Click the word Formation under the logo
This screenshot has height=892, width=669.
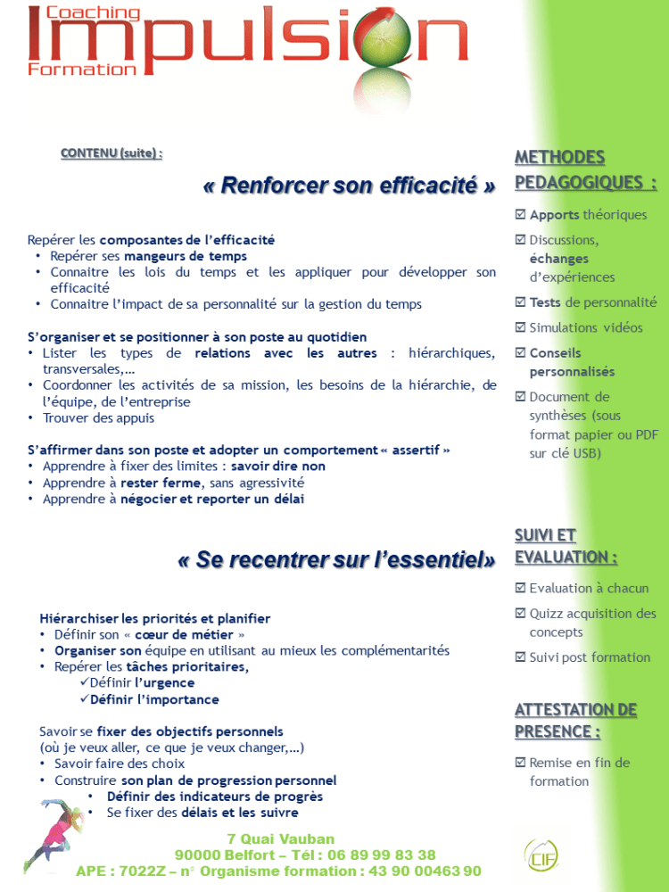[82, 69]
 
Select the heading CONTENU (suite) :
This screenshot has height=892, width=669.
[111, 153]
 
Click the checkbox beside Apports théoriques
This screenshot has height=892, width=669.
[520, 215]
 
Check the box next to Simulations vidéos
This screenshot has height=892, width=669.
[520, 327]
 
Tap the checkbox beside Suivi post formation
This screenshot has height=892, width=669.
[520, 657]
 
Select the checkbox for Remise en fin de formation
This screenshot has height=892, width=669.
[520, 763]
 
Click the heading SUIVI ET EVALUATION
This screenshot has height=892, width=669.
[566, 546]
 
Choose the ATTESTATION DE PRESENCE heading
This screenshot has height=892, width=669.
[575, 721]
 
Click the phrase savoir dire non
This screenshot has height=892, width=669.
[278, 467]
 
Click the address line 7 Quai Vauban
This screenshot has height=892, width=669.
[281, 838]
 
